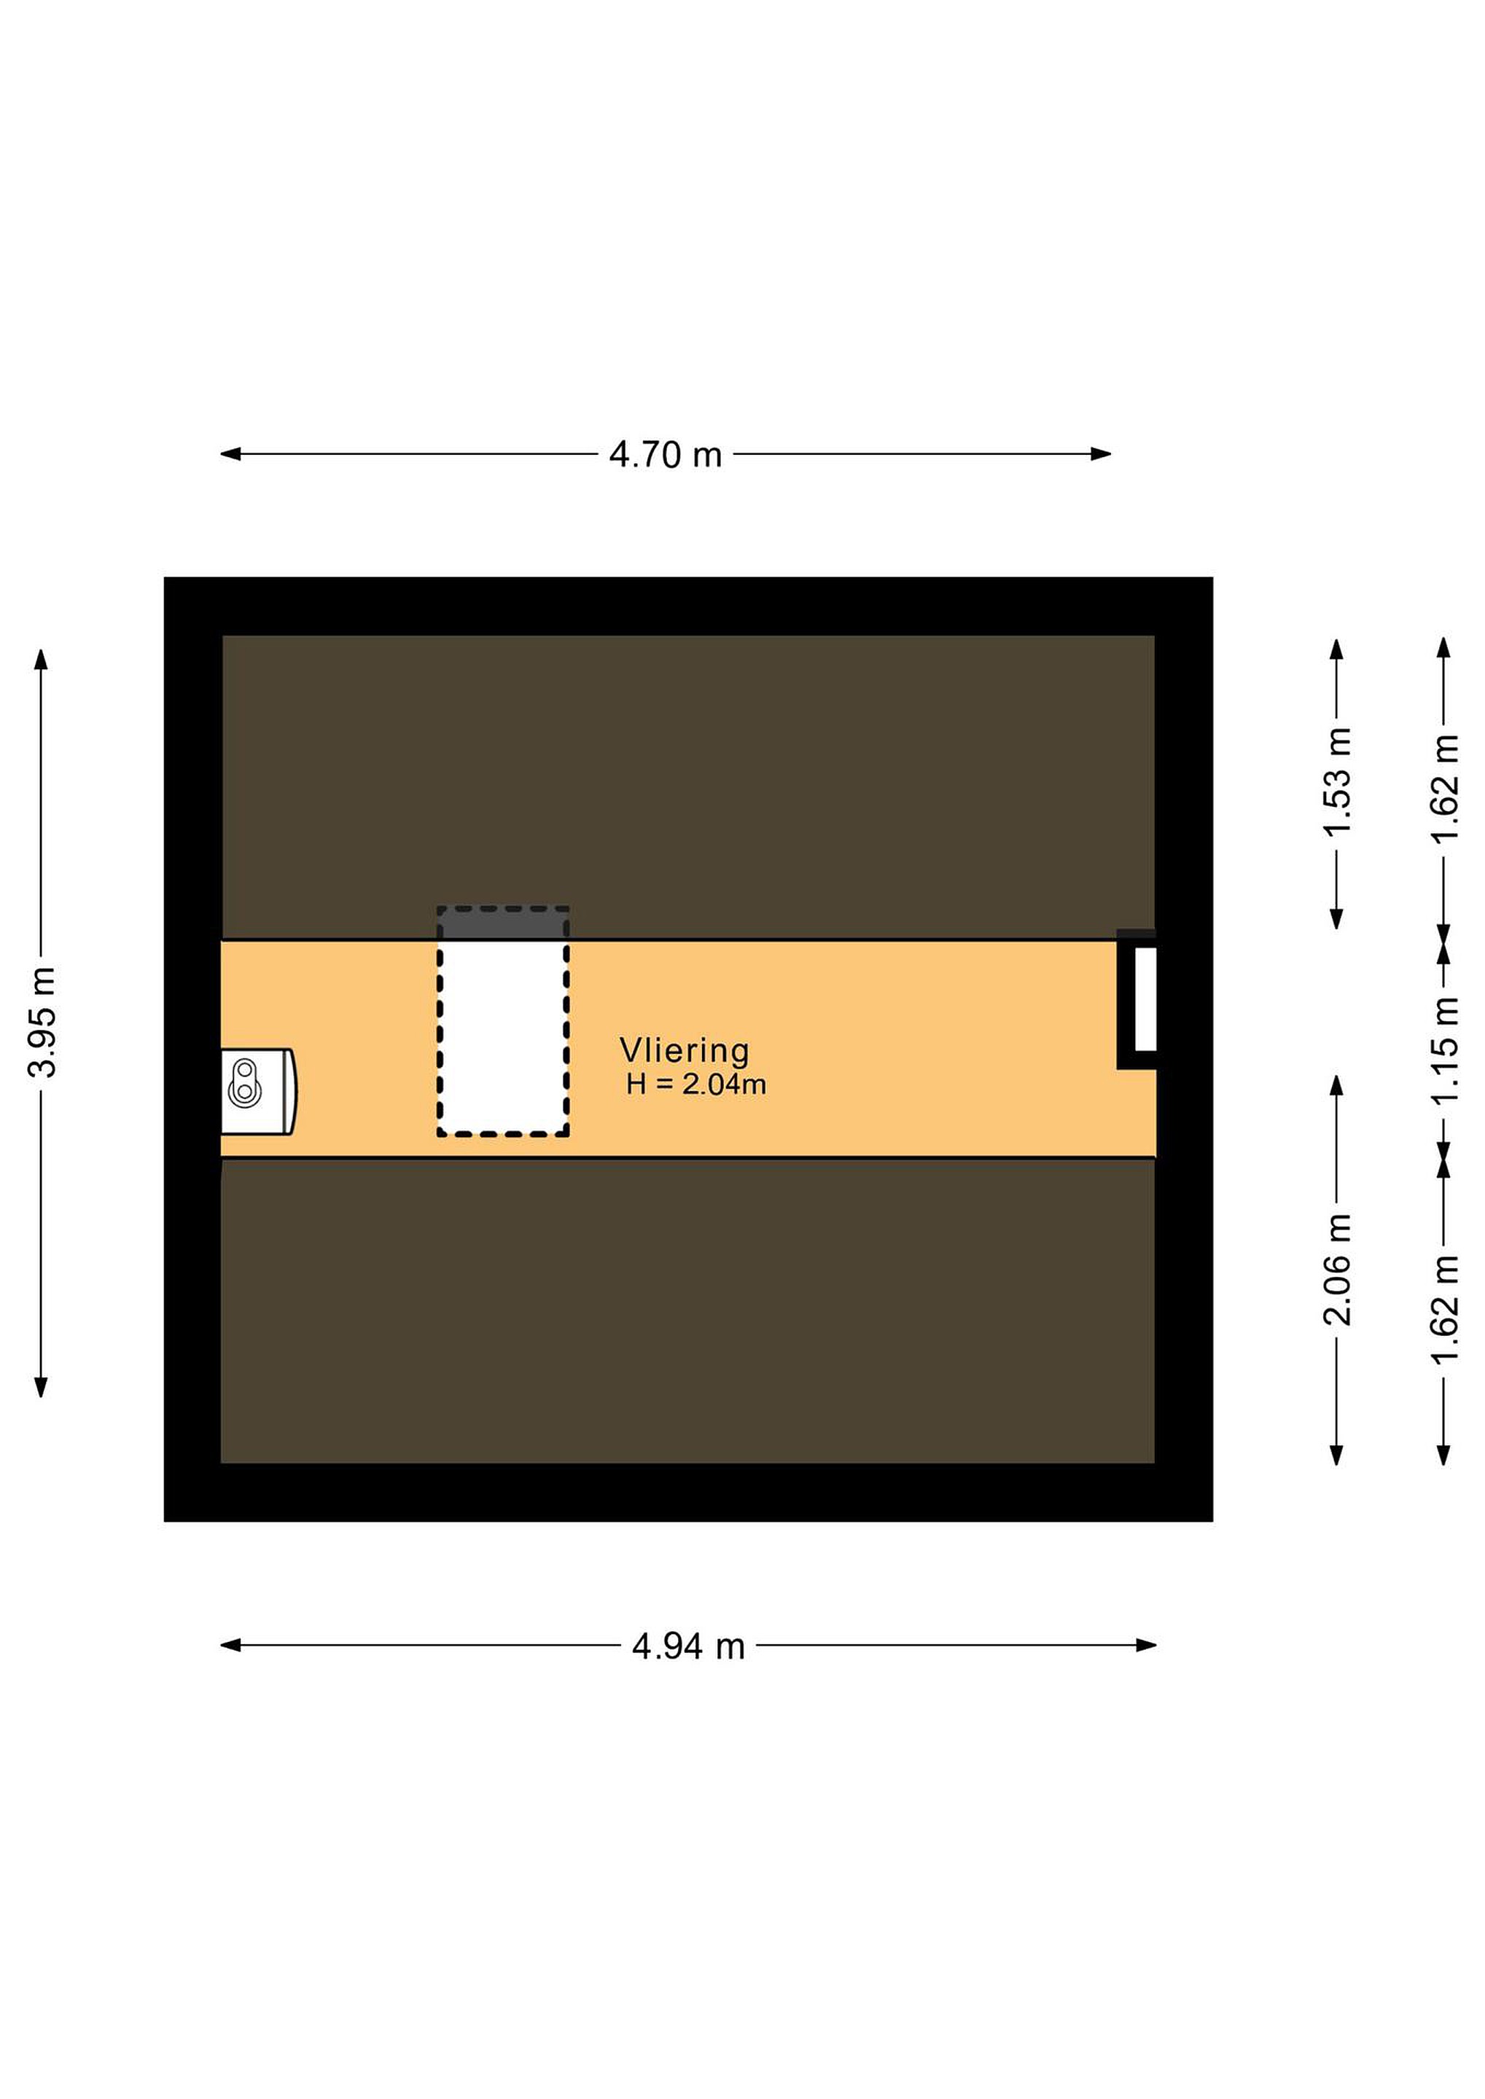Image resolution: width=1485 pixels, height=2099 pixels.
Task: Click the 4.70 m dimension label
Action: pyautogui.click(x=666, y=454)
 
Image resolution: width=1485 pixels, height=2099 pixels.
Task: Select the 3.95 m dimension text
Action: pyautogui.click(x=42, y=1022)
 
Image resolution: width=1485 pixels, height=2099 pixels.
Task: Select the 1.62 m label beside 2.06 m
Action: pyautogui.click(x=1445, y=1309)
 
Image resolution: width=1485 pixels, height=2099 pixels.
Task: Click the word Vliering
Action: pyautogui.click(x=685, y=1052)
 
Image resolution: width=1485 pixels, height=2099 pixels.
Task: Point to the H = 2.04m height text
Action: pyautogui.click(x=696, y=1085)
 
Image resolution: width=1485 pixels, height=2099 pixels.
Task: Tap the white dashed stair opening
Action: pyautogui.click(x=503, y=1039)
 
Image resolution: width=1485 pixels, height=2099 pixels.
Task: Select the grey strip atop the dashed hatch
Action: pyautogui.click(x=503, y=923)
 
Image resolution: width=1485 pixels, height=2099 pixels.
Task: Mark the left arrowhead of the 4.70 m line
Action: pyautogui.click(x=230, y=453)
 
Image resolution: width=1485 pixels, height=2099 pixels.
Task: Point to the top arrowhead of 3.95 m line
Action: pyautogui.click(x=41, y=659)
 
